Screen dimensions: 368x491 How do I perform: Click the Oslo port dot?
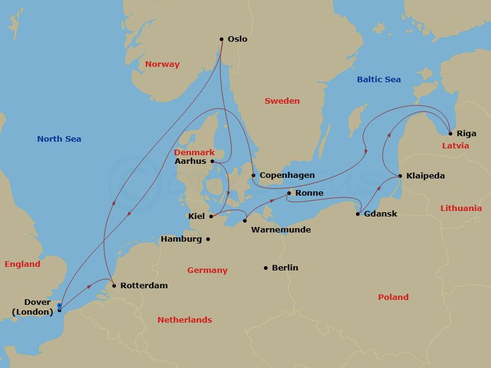click(222, 39)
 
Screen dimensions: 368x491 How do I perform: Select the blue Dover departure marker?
click(59, 305)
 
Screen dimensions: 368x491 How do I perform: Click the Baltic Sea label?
click(379, 79)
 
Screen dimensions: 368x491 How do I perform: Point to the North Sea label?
click(59, 139)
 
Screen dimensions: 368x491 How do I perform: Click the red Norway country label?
click(163, 64)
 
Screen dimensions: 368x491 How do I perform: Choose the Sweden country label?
click(282, 101)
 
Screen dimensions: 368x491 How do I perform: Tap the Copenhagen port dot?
click(253, 175)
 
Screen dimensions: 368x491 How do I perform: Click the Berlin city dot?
click(266, 267)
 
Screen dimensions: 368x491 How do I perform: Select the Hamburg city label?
click(181, 239)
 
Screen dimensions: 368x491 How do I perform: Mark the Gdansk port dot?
click(358, 214)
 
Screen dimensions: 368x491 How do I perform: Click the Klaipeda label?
click(425, 176)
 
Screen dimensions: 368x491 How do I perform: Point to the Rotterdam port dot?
click(114, 285)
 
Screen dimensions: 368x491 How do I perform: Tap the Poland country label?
click(393, 297)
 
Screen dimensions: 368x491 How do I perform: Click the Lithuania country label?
click(461, 208)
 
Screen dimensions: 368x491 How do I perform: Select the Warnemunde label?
click(281, 230)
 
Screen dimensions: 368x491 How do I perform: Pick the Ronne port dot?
click(289, 193)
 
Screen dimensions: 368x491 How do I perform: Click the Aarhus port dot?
click(212, 161)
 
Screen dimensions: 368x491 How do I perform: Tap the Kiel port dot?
click(211, 216)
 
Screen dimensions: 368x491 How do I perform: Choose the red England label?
click(22, 264)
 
